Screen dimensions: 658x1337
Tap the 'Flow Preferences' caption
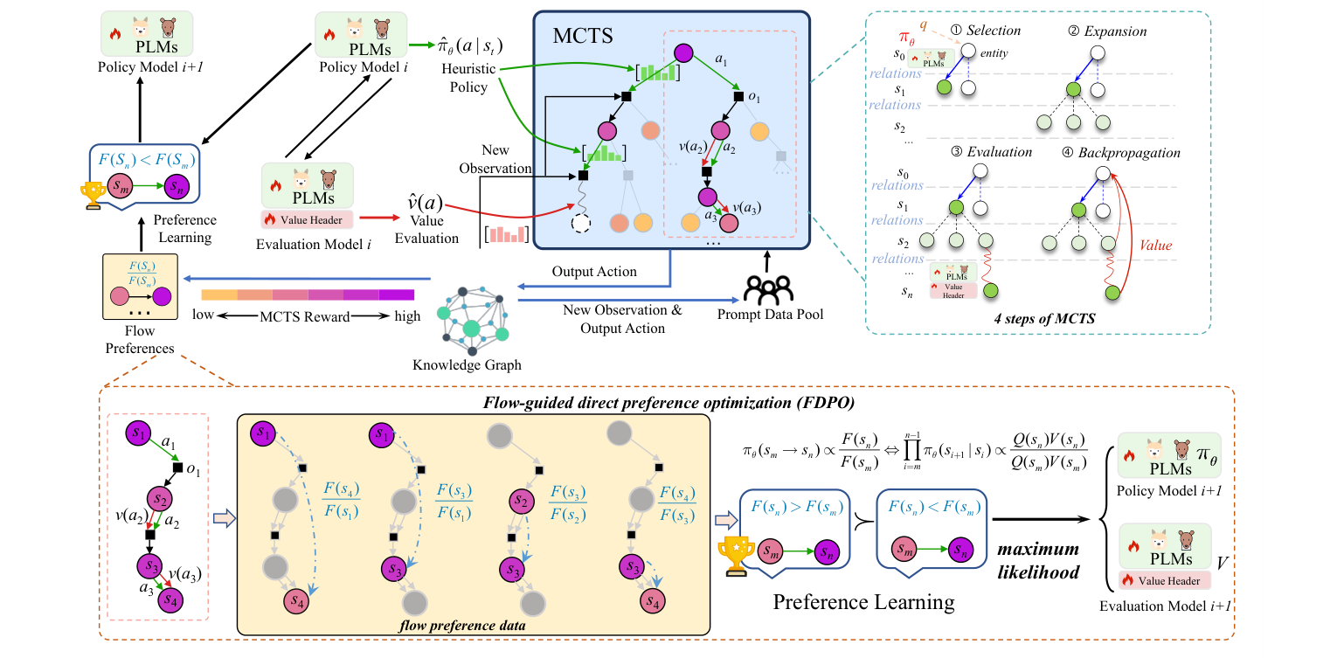(140, 340)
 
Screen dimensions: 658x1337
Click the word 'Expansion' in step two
(1118, 31)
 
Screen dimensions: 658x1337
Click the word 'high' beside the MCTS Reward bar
(406, 315)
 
